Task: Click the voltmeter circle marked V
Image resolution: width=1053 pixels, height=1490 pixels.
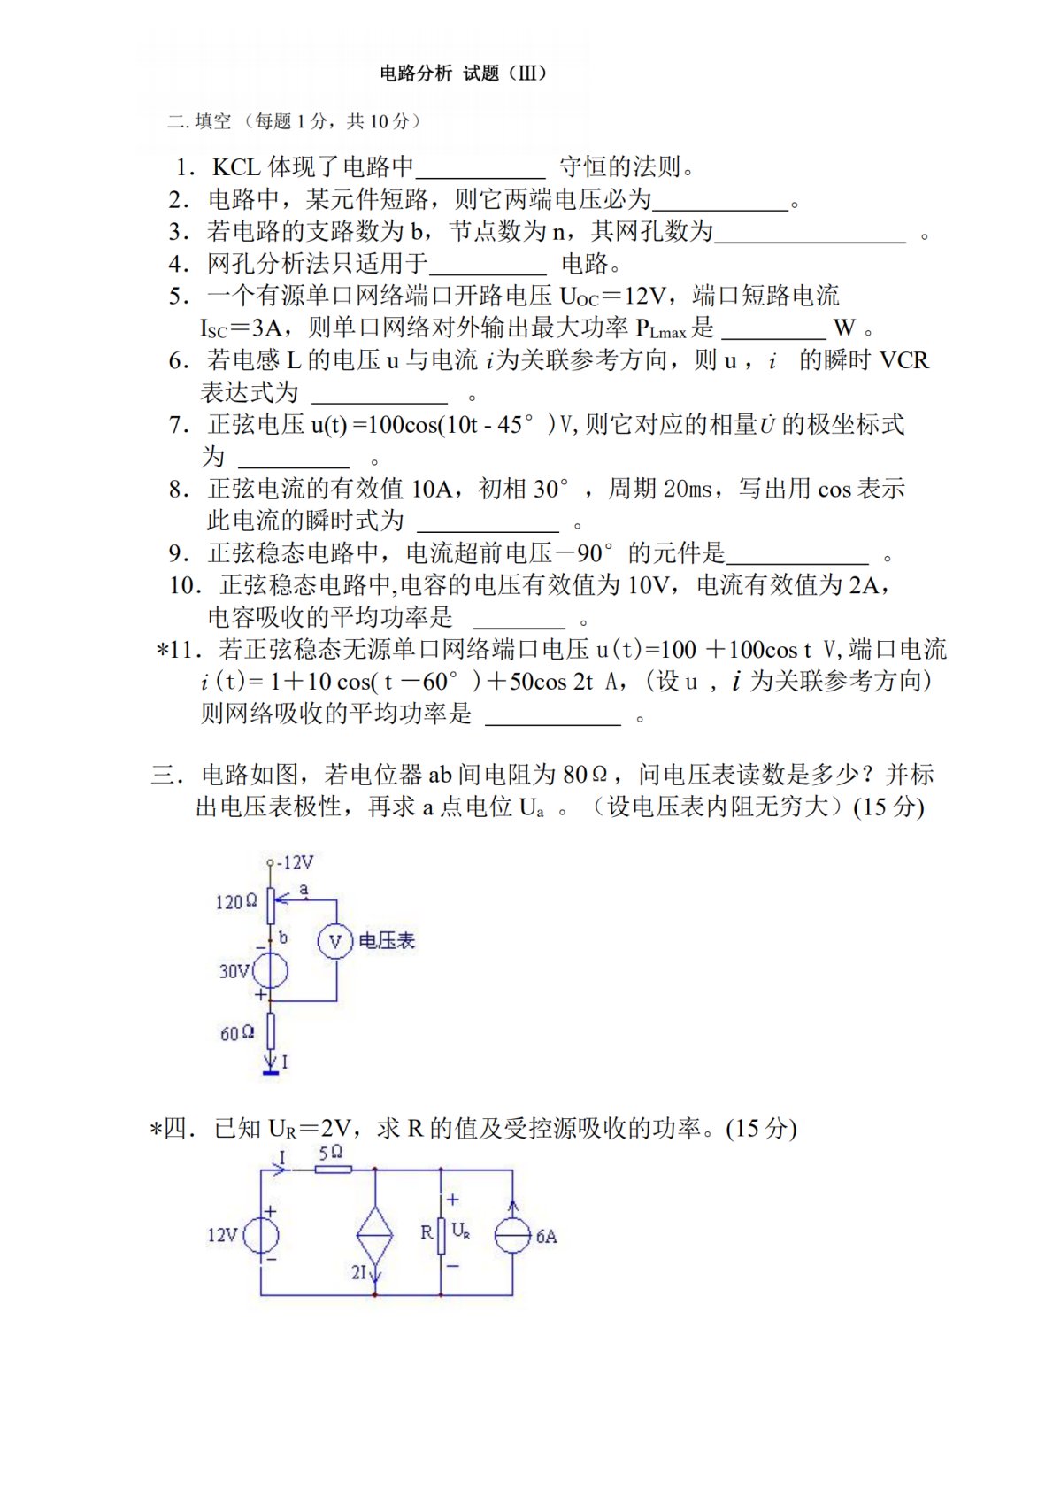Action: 335,941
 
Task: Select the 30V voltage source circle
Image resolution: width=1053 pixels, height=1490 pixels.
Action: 270,971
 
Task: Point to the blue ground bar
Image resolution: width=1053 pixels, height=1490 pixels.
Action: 271,1073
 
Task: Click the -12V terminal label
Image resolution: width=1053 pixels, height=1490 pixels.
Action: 296,862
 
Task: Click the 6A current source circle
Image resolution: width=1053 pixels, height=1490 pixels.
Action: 513,1235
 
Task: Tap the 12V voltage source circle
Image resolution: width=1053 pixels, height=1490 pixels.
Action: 261,1235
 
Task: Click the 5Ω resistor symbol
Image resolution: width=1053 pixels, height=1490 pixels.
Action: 333,1170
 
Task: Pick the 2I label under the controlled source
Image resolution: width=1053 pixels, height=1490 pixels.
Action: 359,1272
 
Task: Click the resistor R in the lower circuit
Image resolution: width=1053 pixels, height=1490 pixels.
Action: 440,1233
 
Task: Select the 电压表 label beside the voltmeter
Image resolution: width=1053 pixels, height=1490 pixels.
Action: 387,941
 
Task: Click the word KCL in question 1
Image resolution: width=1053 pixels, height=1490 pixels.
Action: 235,166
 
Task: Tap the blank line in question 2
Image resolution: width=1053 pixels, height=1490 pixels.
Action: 719,206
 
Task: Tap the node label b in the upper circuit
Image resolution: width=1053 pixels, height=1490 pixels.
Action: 283,937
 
